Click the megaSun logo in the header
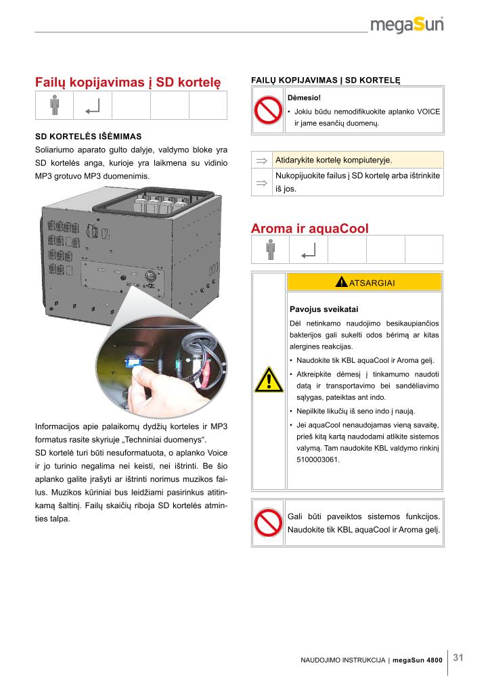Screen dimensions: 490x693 pyautogui.click(x=407, y=25)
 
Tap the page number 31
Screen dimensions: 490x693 pyautogui.click(x=458, y=658)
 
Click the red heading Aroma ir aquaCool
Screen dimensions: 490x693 pyautogui.click(x=310, y=229)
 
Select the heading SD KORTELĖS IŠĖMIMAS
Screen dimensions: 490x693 pyautogui.click(x=89, y=137)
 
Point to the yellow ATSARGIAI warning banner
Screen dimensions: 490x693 pyautogui.click(x=365, y=282)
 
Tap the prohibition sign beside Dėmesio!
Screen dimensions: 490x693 pyautogui.click(x=268, y=110)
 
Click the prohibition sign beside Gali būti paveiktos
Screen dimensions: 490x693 pyautogui.click(x=268, y=522)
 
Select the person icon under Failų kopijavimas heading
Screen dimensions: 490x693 pyautogui.click(x=54, y=105)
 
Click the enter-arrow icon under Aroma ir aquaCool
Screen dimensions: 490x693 pyautogui.click(x=309, y=251)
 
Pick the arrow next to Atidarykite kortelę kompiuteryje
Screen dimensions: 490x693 pyautogui.click(x=261, y=160)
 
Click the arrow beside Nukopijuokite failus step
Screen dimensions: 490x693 pyautogui.click(x=261, y=183)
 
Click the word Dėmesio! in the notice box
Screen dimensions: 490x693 pyautogui.click(x=304, y=97)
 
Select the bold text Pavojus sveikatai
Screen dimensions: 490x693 pyautogui.click(x=324, y=309)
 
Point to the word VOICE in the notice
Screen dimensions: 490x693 pyautogui.click(x=428, y=112)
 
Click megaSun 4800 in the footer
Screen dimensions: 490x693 pyautogui.click(x=418, y=661)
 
